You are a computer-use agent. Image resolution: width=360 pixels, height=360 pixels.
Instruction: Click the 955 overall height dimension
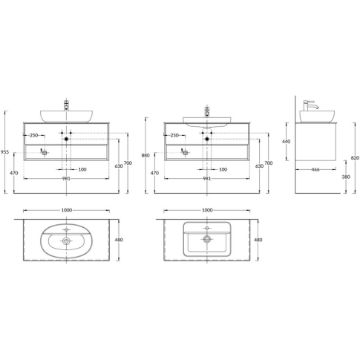tap(4, 152)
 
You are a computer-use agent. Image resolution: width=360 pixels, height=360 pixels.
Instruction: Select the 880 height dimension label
tap(145, 155)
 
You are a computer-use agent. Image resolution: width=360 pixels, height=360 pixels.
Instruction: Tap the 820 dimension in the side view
tap(355, 158)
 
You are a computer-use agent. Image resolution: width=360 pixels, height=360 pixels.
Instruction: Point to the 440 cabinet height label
tap(287, 142)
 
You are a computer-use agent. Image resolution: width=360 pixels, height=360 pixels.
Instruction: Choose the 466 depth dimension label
tap(315, 169)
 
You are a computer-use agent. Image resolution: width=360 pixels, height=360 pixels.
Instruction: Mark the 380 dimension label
tap(346, 177)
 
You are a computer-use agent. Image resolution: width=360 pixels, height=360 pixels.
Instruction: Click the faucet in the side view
tap(310, 105)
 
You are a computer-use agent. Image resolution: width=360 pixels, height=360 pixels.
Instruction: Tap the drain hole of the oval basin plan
tap(66, 240)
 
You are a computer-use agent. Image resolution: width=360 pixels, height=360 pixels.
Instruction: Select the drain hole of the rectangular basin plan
tap(207, 239)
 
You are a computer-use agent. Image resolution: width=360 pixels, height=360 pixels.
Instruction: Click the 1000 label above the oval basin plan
tap(67, 210)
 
